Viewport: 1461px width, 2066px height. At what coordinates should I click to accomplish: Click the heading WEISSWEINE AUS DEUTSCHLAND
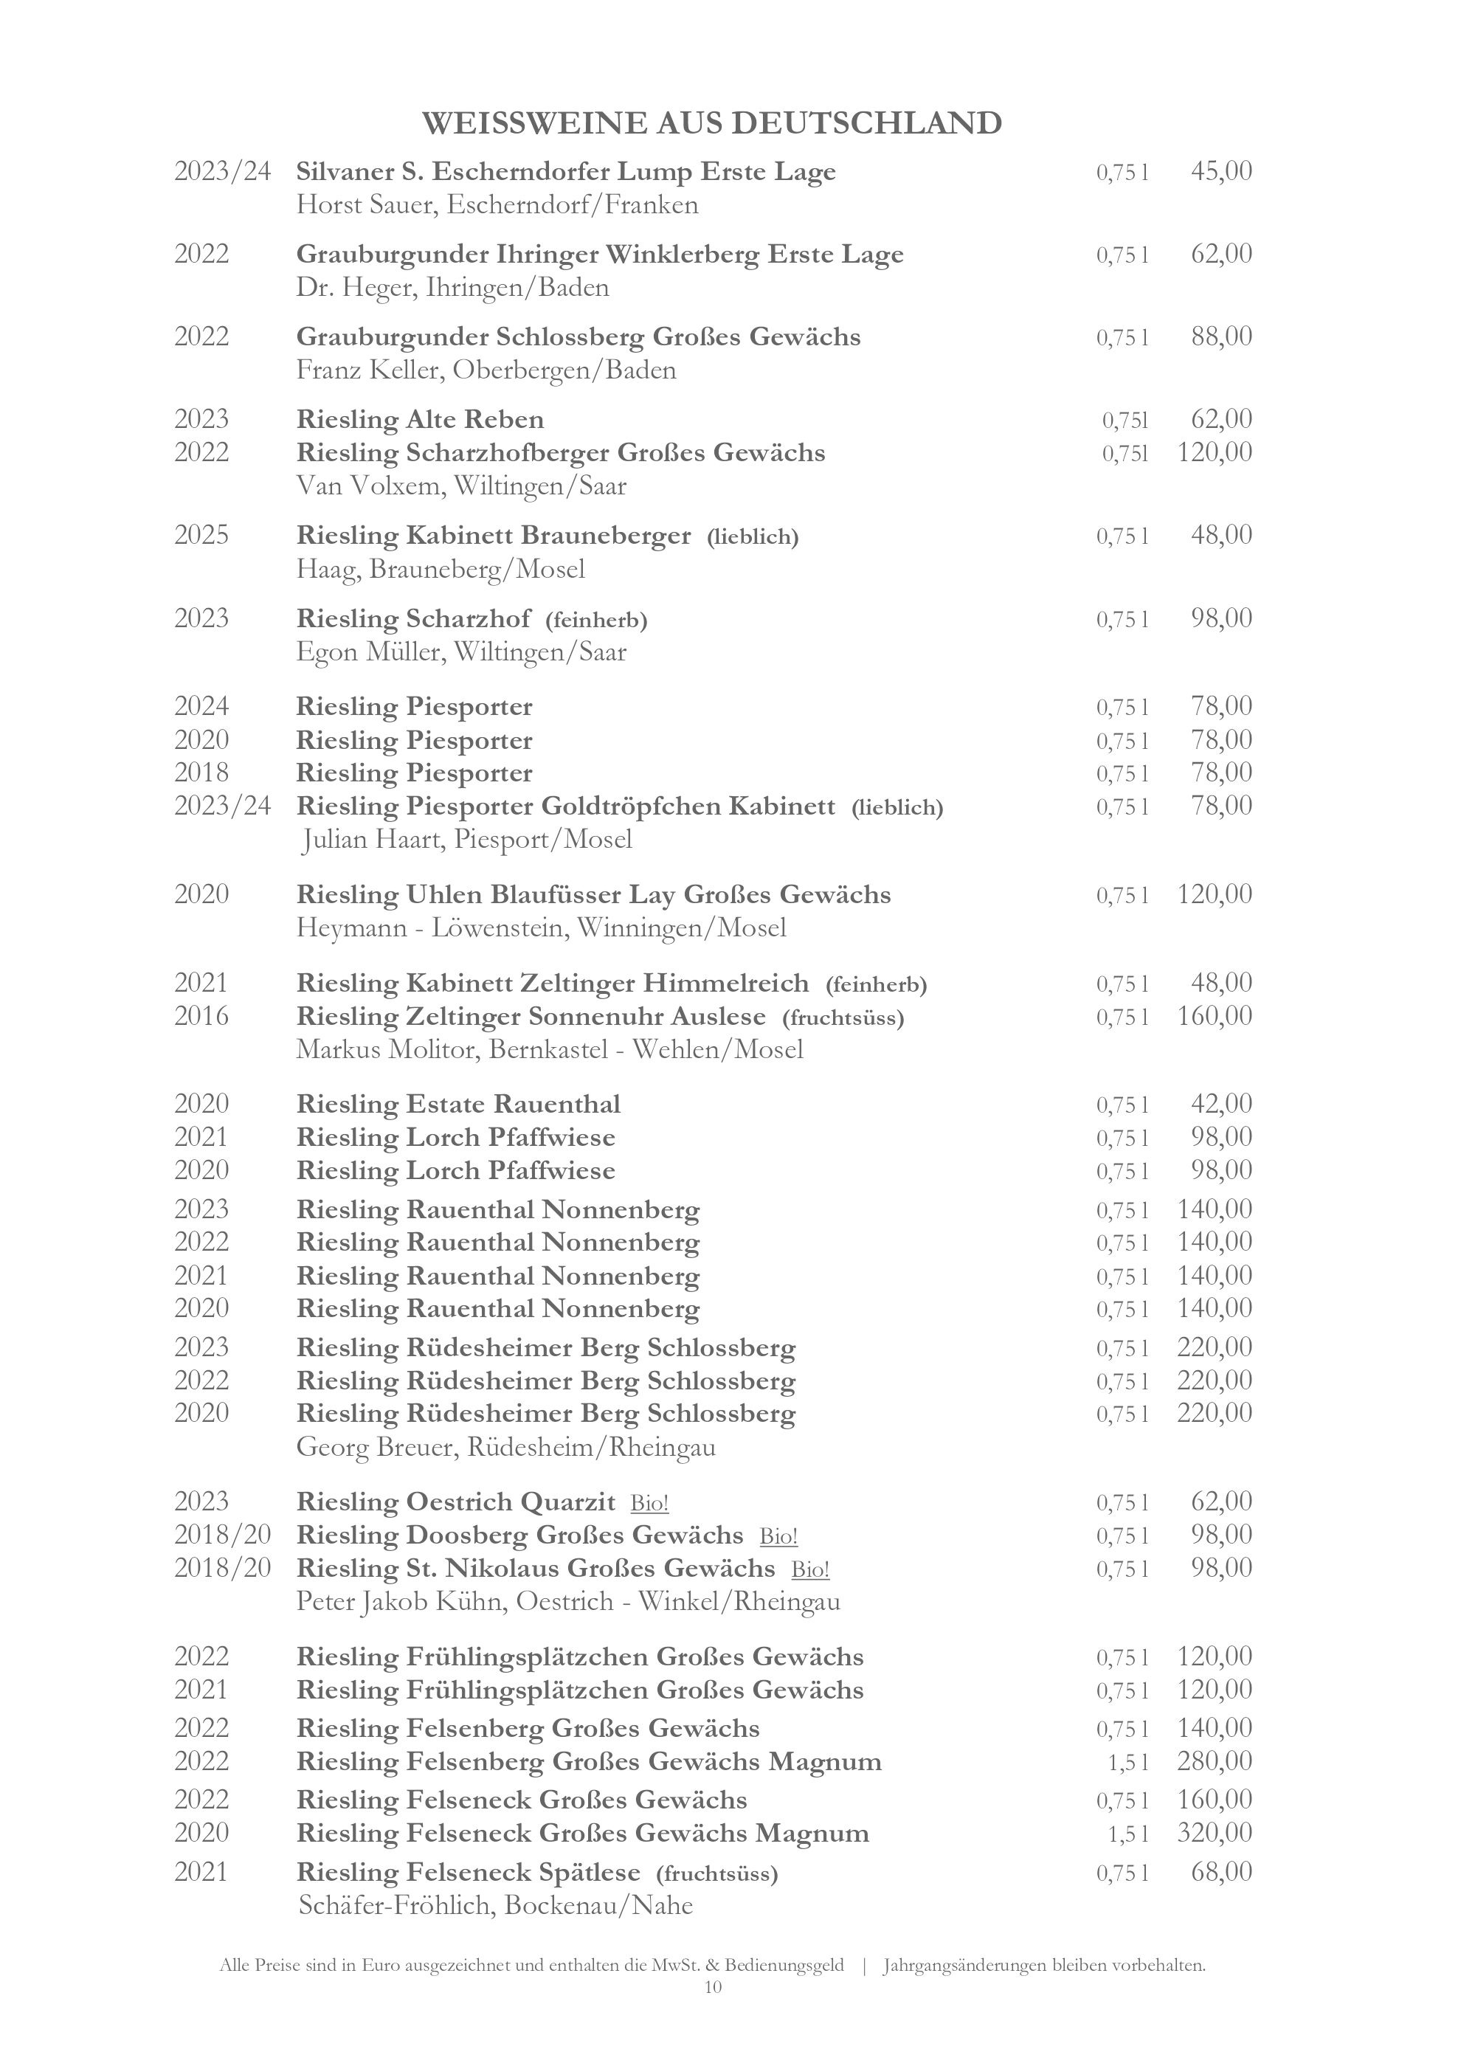[711, 123]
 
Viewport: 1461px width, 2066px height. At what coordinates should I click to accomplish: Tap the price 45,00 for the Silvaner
[1220, 171]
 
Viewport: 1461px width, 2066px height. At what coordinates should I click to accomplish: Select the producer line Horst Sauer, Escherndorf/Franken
[497, 205]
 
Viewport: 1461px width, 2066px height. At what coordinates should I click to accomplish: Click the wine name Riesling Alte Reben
[420, 419]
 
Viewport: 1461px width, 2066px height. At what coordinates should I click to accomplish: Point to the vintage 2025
[201, 536]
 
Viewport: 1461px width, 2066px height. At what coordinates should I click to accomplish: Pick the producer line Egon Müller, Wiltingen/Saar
[461, 652]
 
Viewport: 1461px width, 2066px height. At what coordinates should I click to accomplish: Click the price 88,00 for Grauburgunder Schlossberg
[1220, 336]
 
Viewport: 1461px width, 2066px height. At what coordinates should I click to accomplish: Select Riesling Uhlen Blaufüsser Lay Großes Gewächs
[594, 894]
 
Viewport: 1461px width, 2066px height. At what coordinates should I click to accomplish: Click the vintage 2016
[201, 1016]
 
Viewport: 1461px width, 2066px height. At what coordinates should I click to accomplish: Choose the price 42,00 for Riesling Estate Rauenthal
[1220, 1104]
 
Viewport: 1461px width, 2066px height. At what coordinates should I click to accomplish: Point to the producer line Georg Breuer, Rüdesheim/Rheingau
[505, 1447]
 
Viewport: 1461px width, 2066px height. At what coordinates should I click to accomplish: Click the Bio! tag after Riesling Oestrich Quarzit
[649, 1503]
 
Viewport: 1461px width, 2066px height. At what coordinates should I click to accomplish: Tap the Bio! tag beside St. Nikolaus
[809, 1569]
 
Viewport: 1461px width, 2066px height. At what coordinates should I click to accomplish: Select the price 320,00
[1215, 1833]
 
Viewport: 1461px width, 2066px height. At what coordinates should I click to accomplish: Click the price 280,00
[1215, 1761]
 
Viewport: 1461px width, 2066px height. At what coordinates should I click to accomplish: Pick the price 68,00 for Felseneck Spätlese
[1220, 1873]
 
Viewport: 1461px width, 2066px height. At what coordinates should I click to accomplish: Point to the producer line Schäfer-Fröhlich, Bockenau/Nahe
[495, 1906]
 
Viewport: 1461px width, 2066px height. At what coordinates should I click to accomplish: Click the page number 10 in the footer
[713, 1987]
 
